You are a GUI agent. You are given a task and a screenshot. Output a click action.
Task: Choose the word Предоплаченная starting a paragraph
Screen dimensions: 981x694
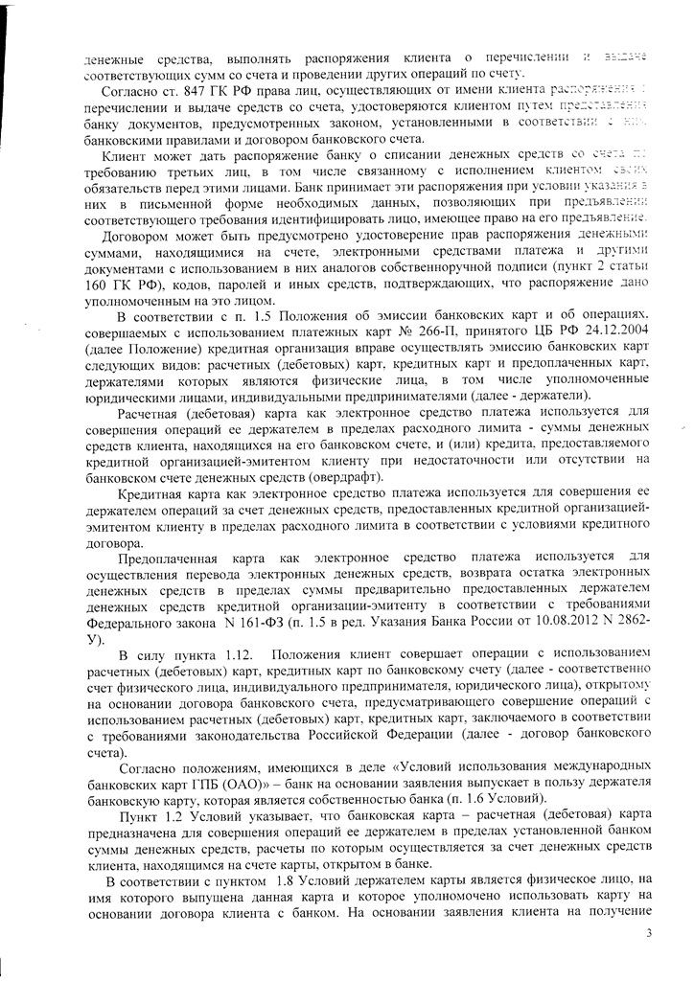pos(168,558)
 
